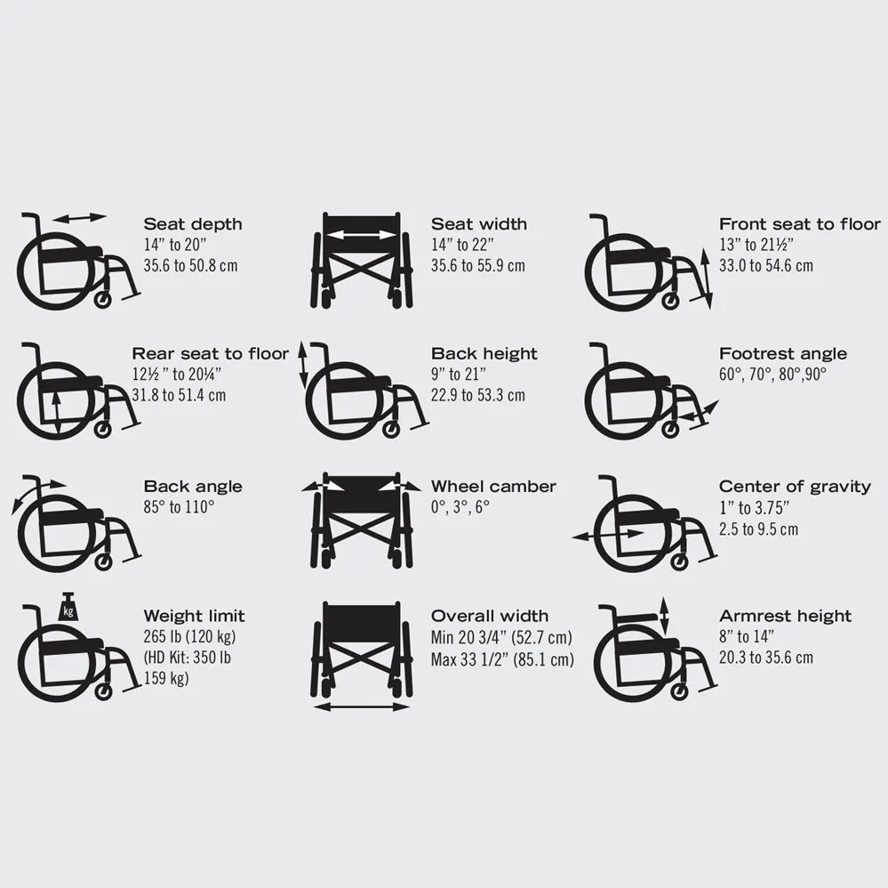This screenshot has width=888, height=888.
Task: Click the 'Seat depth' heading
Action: [192, 224]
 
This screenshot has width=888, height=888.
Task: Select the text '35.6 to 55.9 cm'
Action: [477, 266]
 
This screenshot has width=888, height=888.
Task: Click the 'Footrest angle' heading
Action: [782, 354]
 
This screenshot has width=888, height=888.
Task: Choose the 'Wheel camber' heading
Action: [492, 487]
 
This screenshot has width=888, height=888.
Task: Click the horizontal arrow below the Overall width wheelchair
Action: [361, 706]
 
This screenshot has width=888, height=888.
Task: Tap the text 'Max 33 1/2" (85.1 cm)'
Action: [501, 659]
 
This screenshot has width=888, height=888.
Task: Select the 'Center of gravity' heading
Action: [794, 487]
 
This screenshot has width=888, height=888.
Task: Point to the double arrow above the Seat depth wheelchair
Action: [79, 218]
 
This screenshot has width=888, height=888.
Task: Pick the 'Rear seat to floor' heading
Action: [210, 354]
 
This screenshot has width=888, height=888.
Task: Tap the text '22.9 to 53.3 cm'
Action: [477, 395]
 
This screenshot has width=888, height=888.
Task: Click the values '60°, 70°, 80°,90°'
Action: [772, 375]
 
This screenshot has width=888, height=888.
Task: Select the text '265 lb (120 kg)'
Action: [189, 637]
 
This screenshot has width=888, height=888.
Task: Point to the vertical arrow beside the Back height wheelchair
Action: [303, 365]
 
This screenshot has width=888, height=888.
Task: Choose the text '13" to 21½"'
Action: [756, 245]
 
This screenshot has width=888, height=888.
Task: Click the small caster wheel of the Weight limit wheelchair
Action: [103, 691]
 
